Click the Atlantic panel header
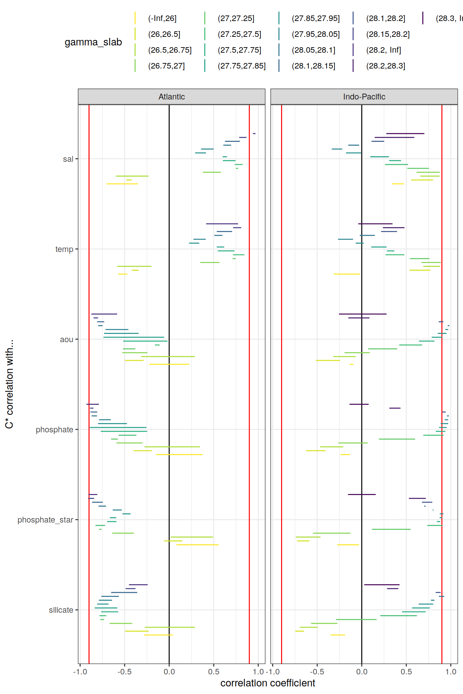coord(172,97)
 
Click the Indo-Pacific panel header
coord(364,97)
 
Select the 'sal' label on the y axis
coord(68,159)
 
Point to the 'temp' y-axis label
coord(64,249)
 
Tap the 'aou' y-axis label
coord(66,339)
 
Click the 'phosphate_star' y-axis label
coord(45,520)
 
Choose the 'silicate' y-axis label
coord(61,610)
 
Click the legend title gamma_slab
coord(93,42)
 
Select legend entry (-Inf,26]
coord(162,19)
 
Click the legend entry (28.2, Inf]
coord(383,50)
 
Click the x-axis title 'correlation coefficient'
coord(268,683)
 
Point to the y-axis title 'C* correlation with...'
coord(9,384)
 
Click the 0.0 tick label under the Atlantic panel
coord(169,672)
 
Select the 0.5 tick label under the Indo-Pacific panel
coord(406,672)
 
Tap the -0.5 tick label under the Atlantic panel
coord(124,672)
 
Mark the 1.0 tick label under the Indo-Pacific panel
coord(451,672)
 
